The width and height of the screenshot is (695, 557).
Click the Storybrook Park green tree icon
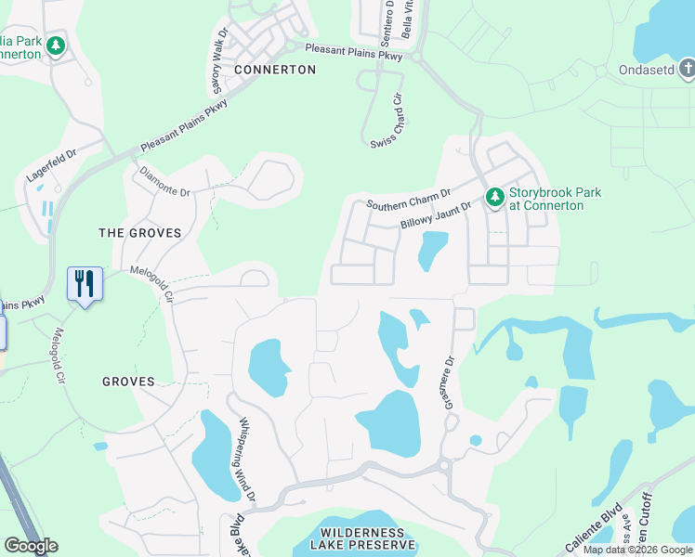[495, 196]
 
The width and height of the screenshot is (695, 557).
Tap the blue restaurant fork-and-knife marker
[85, 283]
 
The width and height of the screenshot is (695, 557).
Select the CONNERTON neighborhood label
[275, 70]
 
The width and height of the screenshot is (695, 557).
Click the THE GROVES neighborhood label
[140, 233]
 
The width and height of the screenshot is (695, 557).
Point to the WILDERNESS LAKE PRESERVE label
[362, 538]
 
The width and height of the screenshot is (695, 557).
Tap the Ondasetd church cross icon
[686, 68]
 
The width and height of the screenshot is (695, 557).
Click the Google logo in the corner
[31, 546]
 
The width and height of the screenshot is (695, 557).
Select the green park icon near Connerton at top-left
[56, 45]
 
